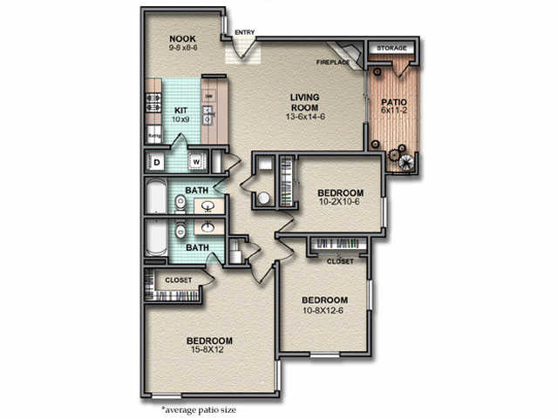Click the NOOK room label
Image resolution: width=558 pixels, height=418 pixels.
click(x=182, y=39)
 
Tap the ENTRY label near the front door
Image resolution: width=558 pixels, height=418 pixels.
click(x=245, y=33)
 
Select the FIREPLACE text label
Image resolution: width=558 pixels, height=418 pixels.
click(x=333, y=63)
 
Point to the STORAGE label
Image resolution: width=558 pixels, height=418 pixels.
click(x=391, y=48)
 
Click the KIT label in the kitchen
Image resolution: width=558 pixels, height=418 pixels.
click(x=182, y=110)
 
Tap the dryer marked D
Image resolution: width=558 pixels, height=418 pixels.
click(x=157, y=161)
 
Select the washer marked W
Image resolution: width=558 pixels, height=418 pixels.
click(x=195, y=161)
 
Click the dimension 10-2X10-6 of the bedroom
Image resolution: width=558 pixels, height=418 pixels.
click(x=339, y=202)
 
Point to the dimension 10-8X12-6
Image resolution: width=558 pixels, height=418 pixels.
click(x=323, y=310)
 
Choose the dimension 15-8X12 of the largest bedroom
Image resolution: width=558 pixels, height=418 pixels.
click(x=208, y=351)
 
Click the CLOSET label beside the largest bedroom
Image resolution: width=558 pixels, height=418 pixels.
click(x=178, y=280)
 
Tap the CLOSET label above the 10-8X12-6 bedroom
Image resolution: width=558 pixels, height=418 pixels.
click(x=340, y=261)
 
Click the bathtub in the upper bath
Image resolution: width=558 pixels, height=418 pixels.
click(x=156, y=198)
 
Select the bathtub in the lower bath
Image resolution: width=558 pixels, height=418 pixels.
click(x=156, y=237)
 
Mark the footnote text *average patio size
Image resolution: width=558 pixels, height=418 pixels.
click(x=198, y=408)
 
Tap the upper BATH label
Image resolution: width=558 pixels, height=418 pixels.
click(x=196, y=190)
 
